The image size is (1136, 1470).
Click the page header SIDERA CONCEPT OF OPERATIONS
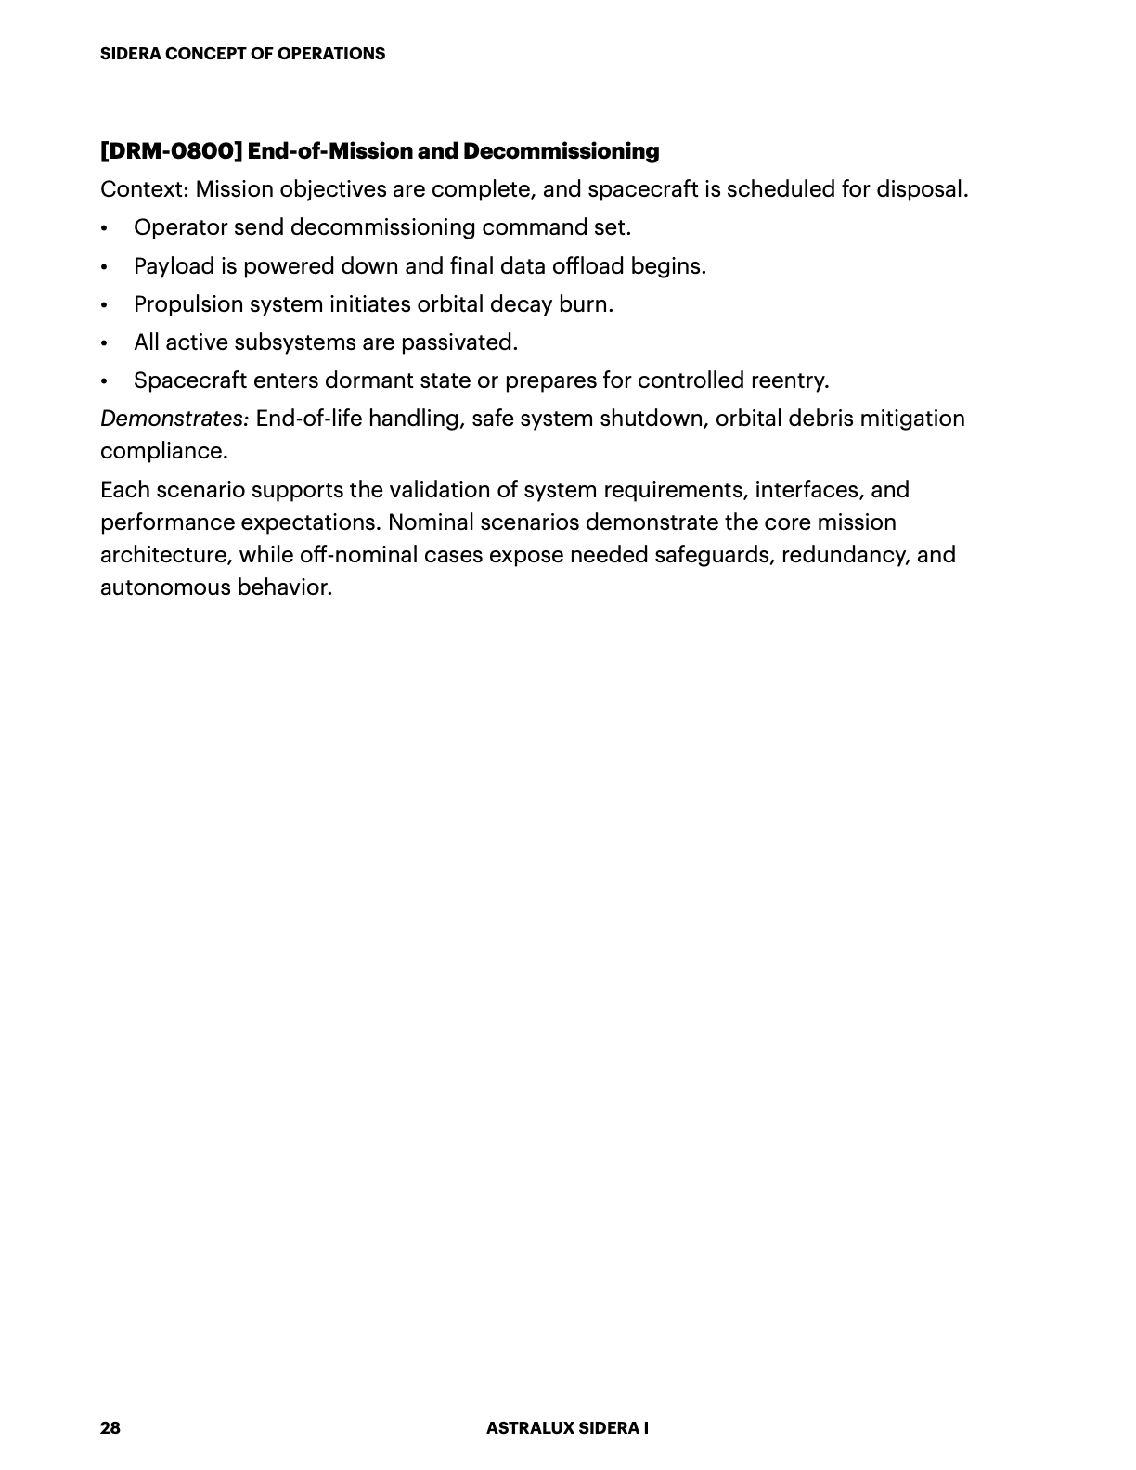pos(242,54)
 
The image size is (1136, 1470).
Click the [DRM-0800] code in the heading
pos(172,151)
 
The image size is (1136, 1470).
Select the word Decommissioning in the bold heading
pos(561,151)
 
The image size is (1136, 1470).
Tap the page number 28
pos(110,1427)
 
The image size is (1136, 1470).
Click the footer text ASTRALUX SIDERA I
pos(567,1427)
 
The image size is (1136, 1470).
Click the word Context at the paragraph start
pos(143,189)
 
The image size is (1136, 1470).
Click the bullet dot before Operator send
pos(105,228)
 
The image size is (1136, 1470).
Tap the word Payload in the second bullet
pos(174,266)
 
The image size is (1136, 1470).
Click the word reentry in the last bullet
pos(792,380)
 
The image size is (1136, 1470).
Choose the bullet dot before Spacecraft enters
pos(105,381)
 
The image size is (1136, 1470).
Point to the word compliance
pos(163,451)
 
